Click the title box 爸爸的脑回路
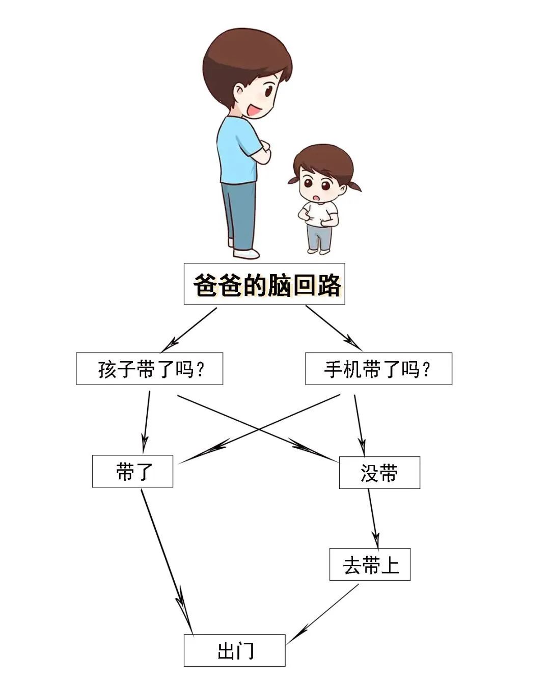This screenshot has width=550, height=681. [x=264, y=284]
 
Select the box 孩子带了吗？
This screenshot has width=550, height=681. [x=149, y=369]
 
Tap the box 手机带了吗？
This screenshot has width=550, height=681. [x=378, y=369]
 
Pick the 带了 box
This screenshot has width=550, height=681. [x=132, y=472]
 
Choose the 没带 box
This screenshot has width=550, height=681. [x=379, y=473]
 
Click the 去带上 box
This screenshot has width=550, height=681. [x=370, y=564]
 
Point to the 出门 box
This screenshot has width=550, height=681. [x=235, y=650]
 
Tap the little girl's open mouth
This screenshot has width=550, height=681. [x=316, y=197]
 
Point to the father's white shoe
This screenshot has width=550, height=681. [x=247, y=253]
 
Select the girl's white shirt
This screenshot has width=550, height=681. [x=320, y=213]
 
